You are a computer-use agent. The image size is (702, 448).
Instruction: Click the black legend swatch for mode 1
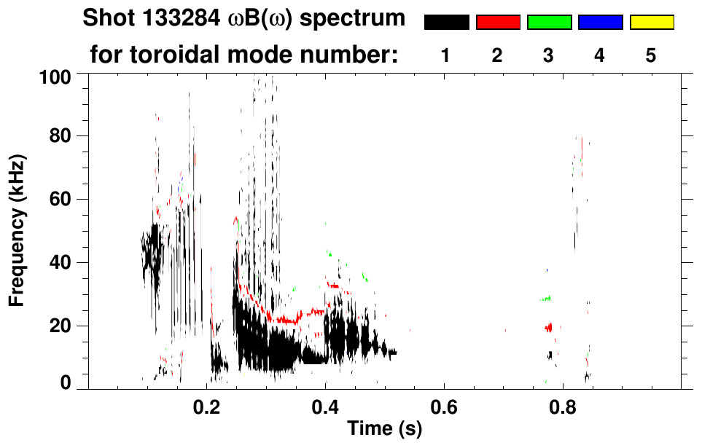point(446,23)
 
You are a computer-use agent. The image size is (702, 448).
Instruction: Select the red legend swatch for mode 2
point(498,23)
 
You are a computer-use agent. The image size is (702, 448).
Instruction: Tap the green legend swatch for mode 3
point(549,23)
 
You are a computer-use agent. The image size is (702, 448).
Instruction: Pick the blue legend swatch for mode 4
point(600,23)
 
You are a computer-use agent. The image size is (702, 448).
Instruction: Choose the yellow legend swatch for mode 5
point(652,23)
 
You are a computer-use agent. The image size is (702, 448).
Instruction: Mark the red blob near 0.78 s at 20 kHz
point(549,327)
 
